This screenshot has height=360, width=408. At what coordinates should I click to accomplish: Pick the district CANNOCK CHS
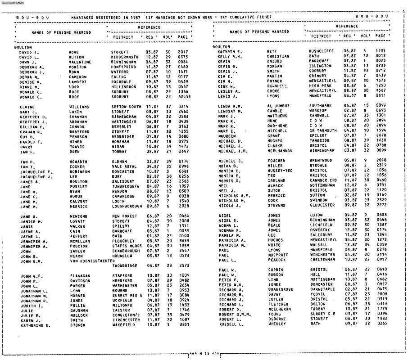pos(323,180)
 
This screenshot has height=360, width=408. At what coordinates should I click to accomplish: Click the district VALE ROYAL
pos(123,166)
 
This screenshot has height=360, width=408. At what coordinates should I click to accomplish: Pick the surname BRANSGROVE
pos(281,289)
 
